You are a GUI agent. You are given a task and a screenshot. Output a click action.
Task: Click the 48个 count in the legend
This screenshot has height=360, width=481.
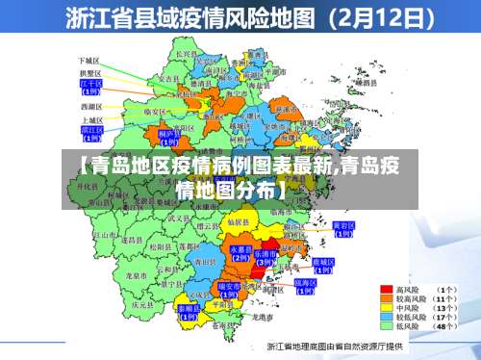[446, 327]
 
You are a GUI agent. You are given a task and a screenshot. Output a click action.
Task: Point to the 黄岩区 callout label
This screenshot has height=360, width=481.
[342, 226]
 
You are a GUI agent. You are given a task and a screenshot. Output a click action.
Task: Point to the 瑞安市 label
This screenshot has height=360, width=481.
[229, 287]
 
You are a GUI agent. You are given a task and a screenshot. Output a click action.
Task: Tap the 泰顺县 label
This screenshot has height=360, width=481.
[188, 309]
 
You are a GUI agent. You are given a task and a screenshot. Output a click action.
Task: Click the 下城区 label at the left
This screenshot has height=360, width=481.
[89, 60]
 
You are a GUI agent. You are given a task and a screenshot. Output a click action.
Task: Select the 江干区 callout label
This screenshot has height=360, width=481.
[90, 84]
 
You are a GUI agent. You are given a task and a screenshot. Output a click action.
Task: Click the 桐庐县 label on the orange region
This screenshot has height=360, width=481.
[169, 134]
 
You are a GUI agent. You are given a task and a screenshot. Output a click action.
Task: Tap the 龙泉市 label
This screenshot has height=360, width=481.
[136, 274]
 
